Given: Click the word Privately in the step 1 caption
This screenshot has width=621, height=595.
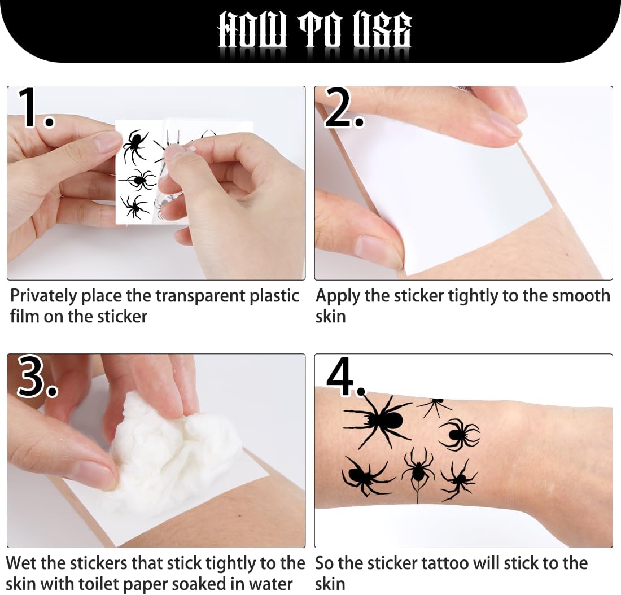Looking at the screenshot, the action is click(x=43, y=296).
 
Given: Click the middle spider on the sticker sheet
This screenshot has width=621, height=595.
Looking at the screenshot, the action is click(x=139, y=181).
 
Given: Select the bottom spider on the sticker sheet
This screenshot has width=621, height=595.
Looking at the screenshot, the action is click(x=133, y=207).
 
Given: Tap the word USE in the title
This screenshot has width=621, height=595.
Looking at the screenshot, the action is click(x=381, y=31).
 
